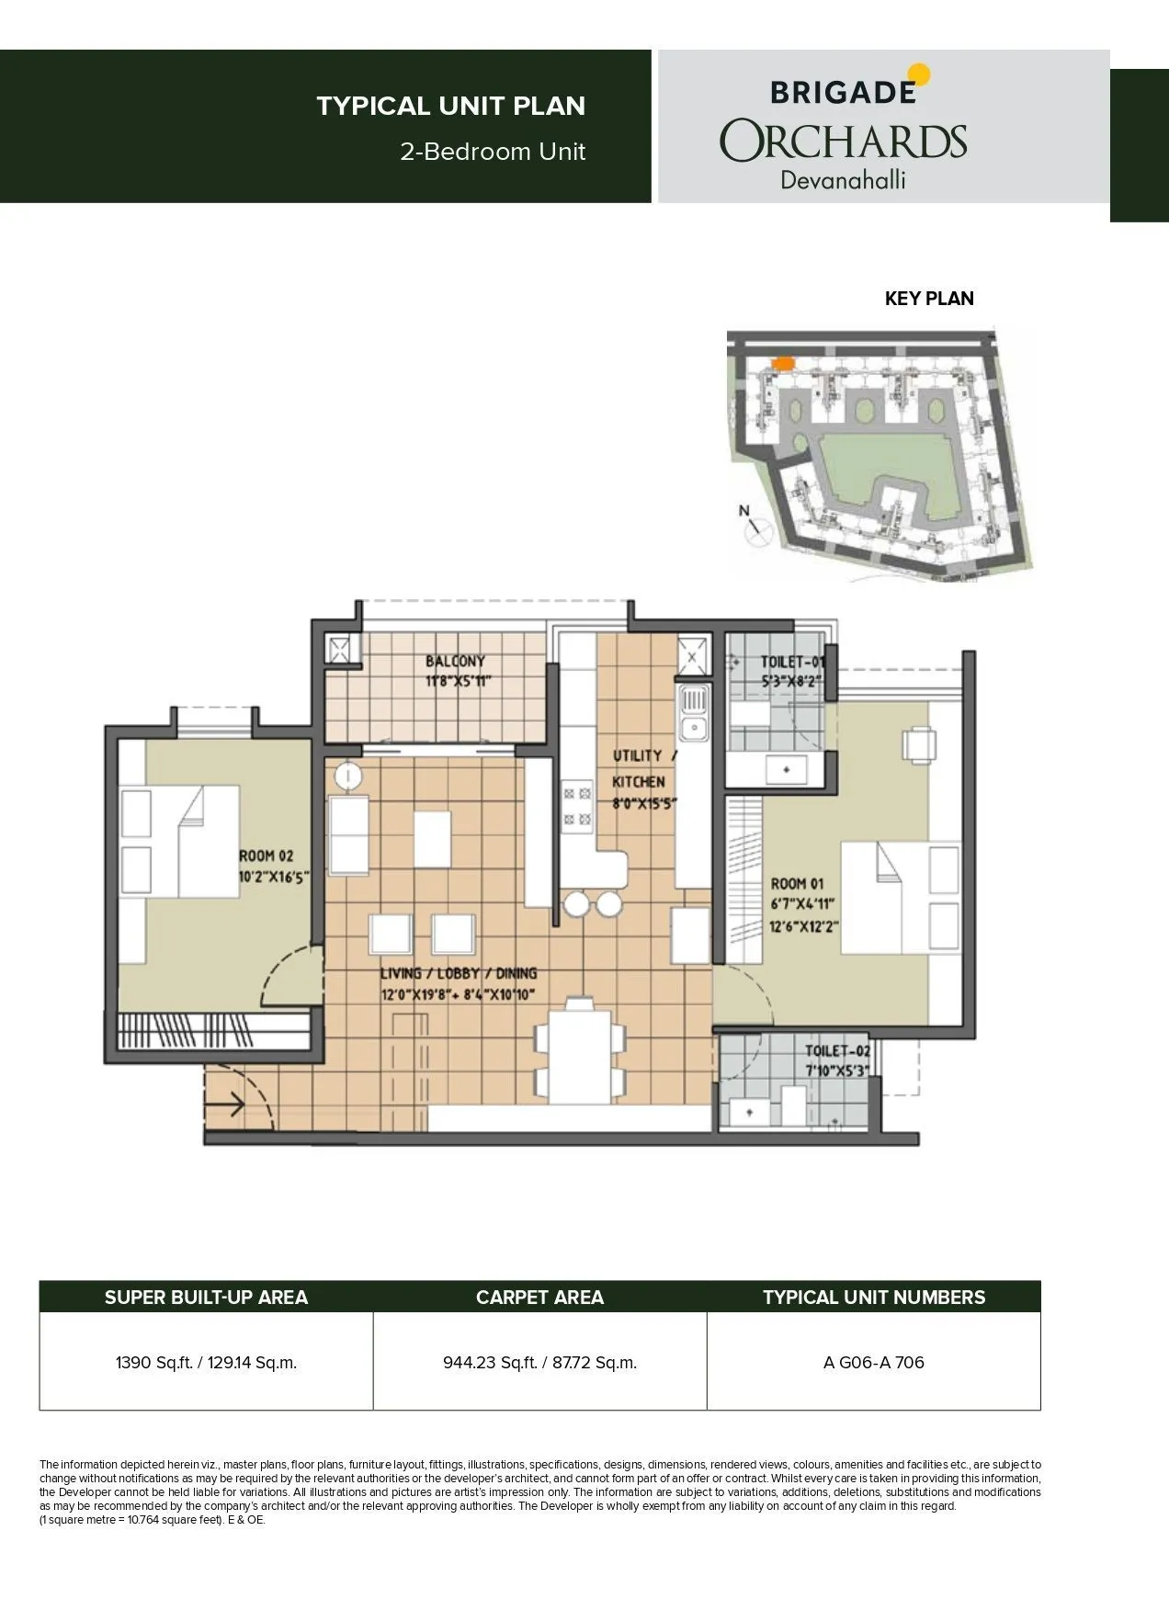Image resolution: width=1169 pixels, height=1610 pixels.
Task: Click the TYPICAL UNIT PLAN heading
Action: [450, 106]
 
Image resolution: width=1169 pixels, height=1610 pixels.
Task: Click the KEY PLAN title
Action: [928, 299]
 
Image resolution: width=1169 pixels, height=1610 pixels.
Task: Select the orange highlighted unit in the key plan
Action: [783, 363]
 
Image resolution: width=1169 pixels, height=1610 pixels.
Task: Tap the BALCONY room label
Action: [455, 662]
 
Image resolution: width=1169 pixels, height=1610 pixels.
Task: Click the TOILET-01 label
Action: [792, 662]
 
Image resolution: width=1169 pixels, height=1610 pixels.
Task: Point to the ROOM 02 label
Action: [267, 856]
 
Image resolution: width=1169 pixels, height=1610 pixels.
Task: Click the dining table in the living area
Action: [580, 1050]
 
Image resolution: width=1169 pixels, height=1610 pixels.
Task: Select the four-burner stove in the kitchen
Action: [575, 804]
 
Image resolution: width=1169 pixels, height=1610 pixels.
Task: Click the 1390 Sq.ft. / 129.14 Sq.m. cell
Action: [206, 1362]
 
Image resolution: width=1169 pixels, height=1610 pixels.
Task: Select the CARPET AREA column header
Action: [539, 1297]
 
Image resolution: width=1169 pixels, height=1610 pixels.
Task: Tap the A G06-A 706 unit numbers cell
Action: [873, 1362]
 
